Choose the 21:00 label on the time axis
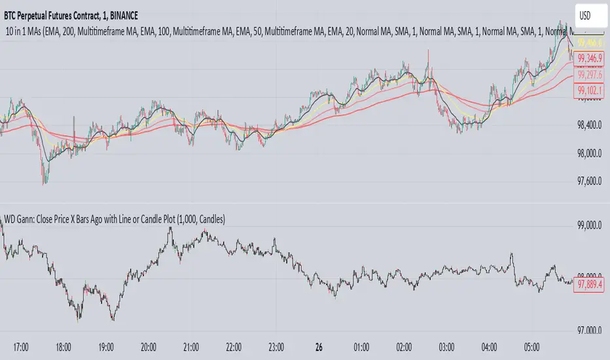[x=192, y=346]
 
